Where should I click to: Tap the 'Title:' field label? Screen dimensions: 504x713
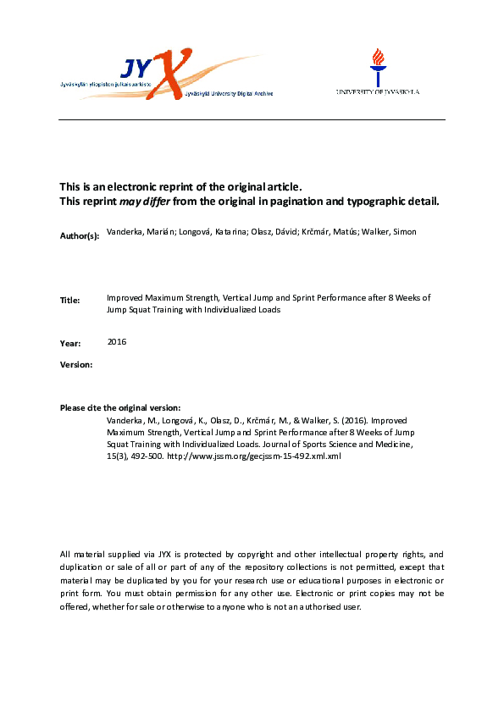pos(69,301)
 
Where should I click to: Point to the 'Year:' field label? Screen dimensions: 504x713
pos(70,344)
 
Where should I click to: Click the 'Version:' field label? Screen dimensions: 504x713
pos(76,364)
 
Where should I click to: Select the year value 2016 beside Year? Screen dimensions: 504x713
pos(117,341)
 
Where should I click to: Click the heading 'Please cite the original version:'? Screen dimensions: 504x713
pos(120,408)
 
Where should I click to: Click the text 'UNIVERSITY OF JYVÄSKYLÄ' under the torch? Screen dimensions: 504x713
pos(377,91)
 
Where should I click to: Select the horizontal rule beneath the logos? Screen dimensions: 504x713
pos(252,119)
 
